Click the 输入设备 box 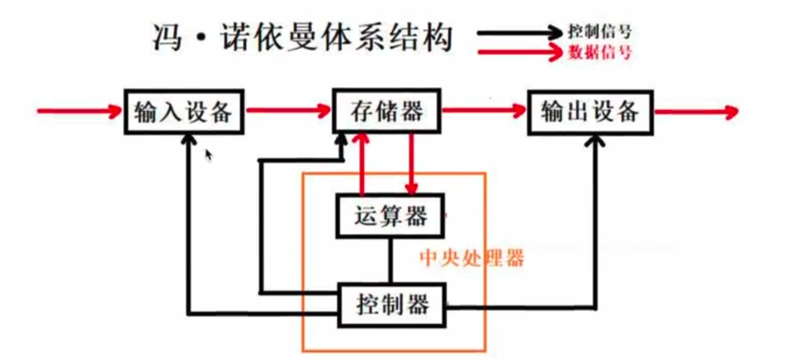pos(183,112)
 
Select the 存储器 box pos(387,112)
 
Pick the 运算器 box pos(391,216)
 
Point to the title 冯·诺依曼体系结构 pos(302,36)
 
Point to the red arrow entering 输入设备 pos(81,112)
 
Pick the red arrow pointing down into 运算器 pos(413,164)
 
